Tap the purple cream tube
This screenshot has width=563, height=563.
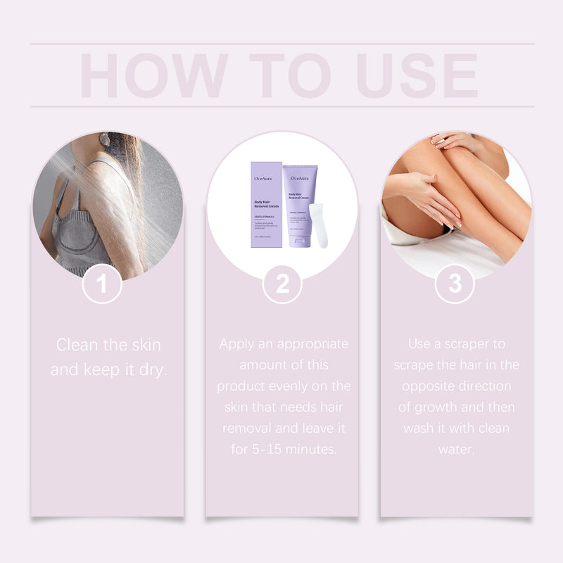pyautogui.click(x=298, y=204)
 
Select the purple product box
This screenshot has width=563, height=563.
pyautogui.click(x=266, y=204)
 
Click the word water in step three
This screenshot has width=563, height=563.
pyautogui.click(x=455, y=449)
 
